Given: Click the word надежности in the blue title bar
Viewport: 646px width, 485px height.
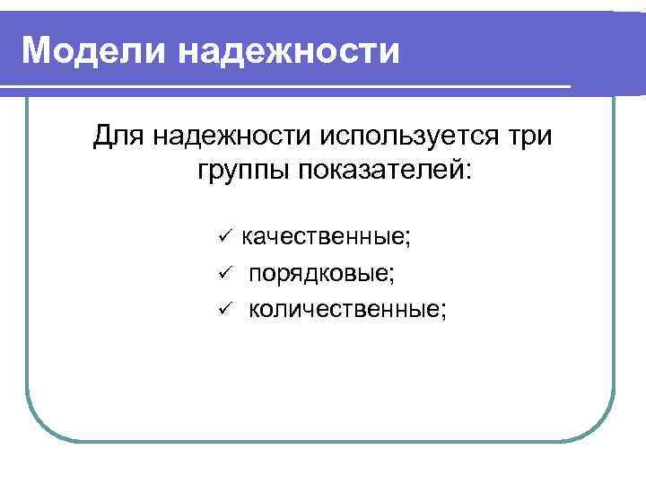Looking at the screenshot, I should tap(288, 50).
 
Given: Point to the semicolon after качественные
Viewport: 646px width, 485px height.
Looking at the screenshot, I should tap(409, 239).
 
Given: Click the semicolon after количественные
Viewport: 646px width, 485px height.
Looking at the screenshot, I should tap(442, 311).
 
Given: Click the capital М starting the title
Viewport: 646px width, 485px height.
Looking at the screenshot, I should tap(38, 50).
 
